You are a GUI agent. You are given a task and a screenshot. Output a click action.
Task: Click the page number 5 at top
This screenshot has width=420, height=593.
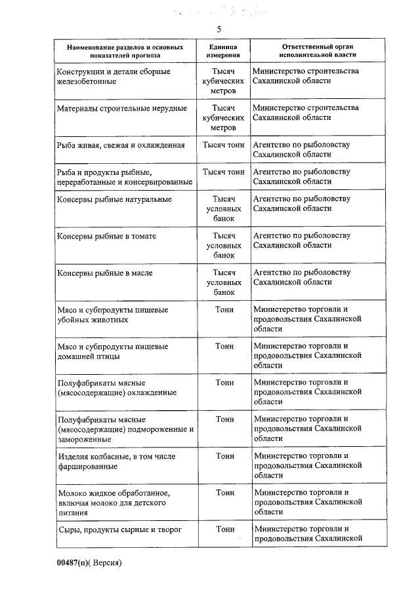(219, 29)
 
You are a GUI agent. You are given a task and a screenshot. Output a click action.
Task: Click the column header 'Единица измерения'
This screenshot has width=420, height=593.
(224, 52)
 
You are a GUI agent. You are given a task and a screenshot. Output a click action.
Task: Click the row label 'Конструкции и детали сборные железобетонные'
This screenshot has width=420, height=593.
(113, 76)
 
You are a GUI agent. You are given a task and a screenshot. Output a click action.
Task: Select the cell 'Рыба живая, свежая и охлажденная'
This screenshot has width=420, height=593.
(121, 145)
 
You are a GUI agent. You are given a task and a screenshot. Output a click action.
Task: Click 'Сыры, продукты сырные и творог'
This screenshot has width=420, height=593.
(119, 529)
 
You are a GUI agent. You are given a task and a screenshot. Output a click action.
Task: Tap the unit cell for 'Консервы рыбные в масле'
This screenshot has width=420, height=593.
(224, 282)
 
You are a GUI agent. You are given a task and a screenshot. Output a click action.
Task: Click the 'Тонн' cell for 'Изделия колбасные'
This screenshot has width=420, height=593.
(224, 455)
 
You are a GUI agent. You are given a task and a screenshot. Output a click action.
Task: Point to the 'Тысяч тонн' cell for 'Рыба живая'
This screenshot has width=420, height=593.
(224, 145)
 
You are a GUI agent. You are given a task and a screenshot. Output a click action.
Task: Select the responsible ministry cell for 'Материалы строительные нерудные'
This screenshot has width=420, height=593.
(306, 113)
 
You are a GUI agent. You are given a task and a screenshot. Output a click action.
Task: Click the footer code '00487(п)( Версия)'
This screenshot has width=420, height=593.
(89, 563)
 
